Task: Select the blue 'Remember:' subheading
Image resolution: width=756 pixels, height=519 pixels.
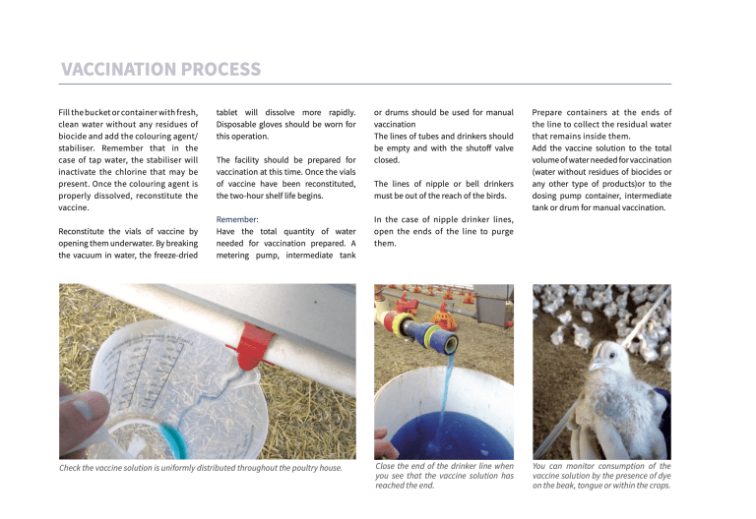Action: pos(237,219)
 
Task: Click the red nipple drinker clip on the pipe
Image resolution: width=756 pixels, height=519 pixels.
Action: pos(250,347)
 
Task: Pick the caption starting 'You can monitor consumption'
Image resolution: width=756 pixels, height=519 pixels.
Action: pos(601,475)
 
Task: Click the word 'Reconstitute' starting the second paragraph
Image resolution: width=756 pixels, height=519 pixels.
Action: pos(87,231)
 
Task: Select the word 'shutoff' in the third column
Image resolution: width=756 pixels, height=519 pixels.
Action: pos(473,147)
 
